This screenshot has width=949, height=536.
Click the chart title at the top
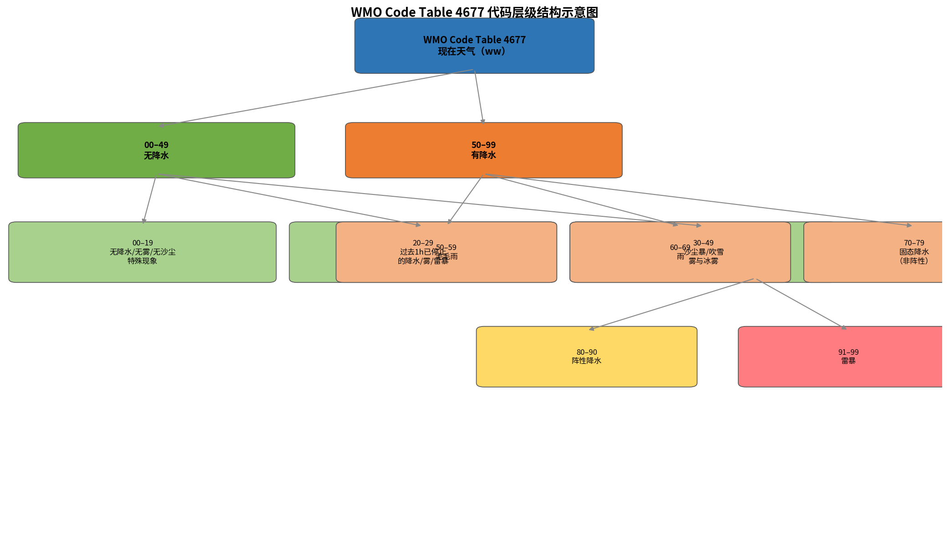coord(474,12)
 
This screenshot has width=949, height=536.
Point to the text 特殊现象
coord(142,261)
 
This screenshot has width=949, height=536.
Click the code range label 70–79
coord(913,243)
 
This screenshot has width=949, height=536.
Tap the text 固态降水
coord(913,252)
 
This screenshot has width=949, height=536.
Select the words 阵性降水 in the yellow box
coord(586,361)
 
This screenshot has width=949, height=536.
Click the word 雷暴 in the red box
coord(848,361)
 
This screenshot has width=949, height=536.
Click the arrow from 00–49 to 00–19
coord(150,199)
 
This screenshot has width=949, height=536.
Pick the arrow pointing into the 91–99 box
coord(801,304)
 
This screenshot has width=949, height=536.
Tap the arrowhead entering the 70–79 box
coord(909,225)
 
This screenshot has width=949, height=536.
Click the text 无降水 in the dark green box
coord(156,156)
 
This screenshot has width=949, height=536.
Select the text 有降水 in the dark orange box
coord(483,155)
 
